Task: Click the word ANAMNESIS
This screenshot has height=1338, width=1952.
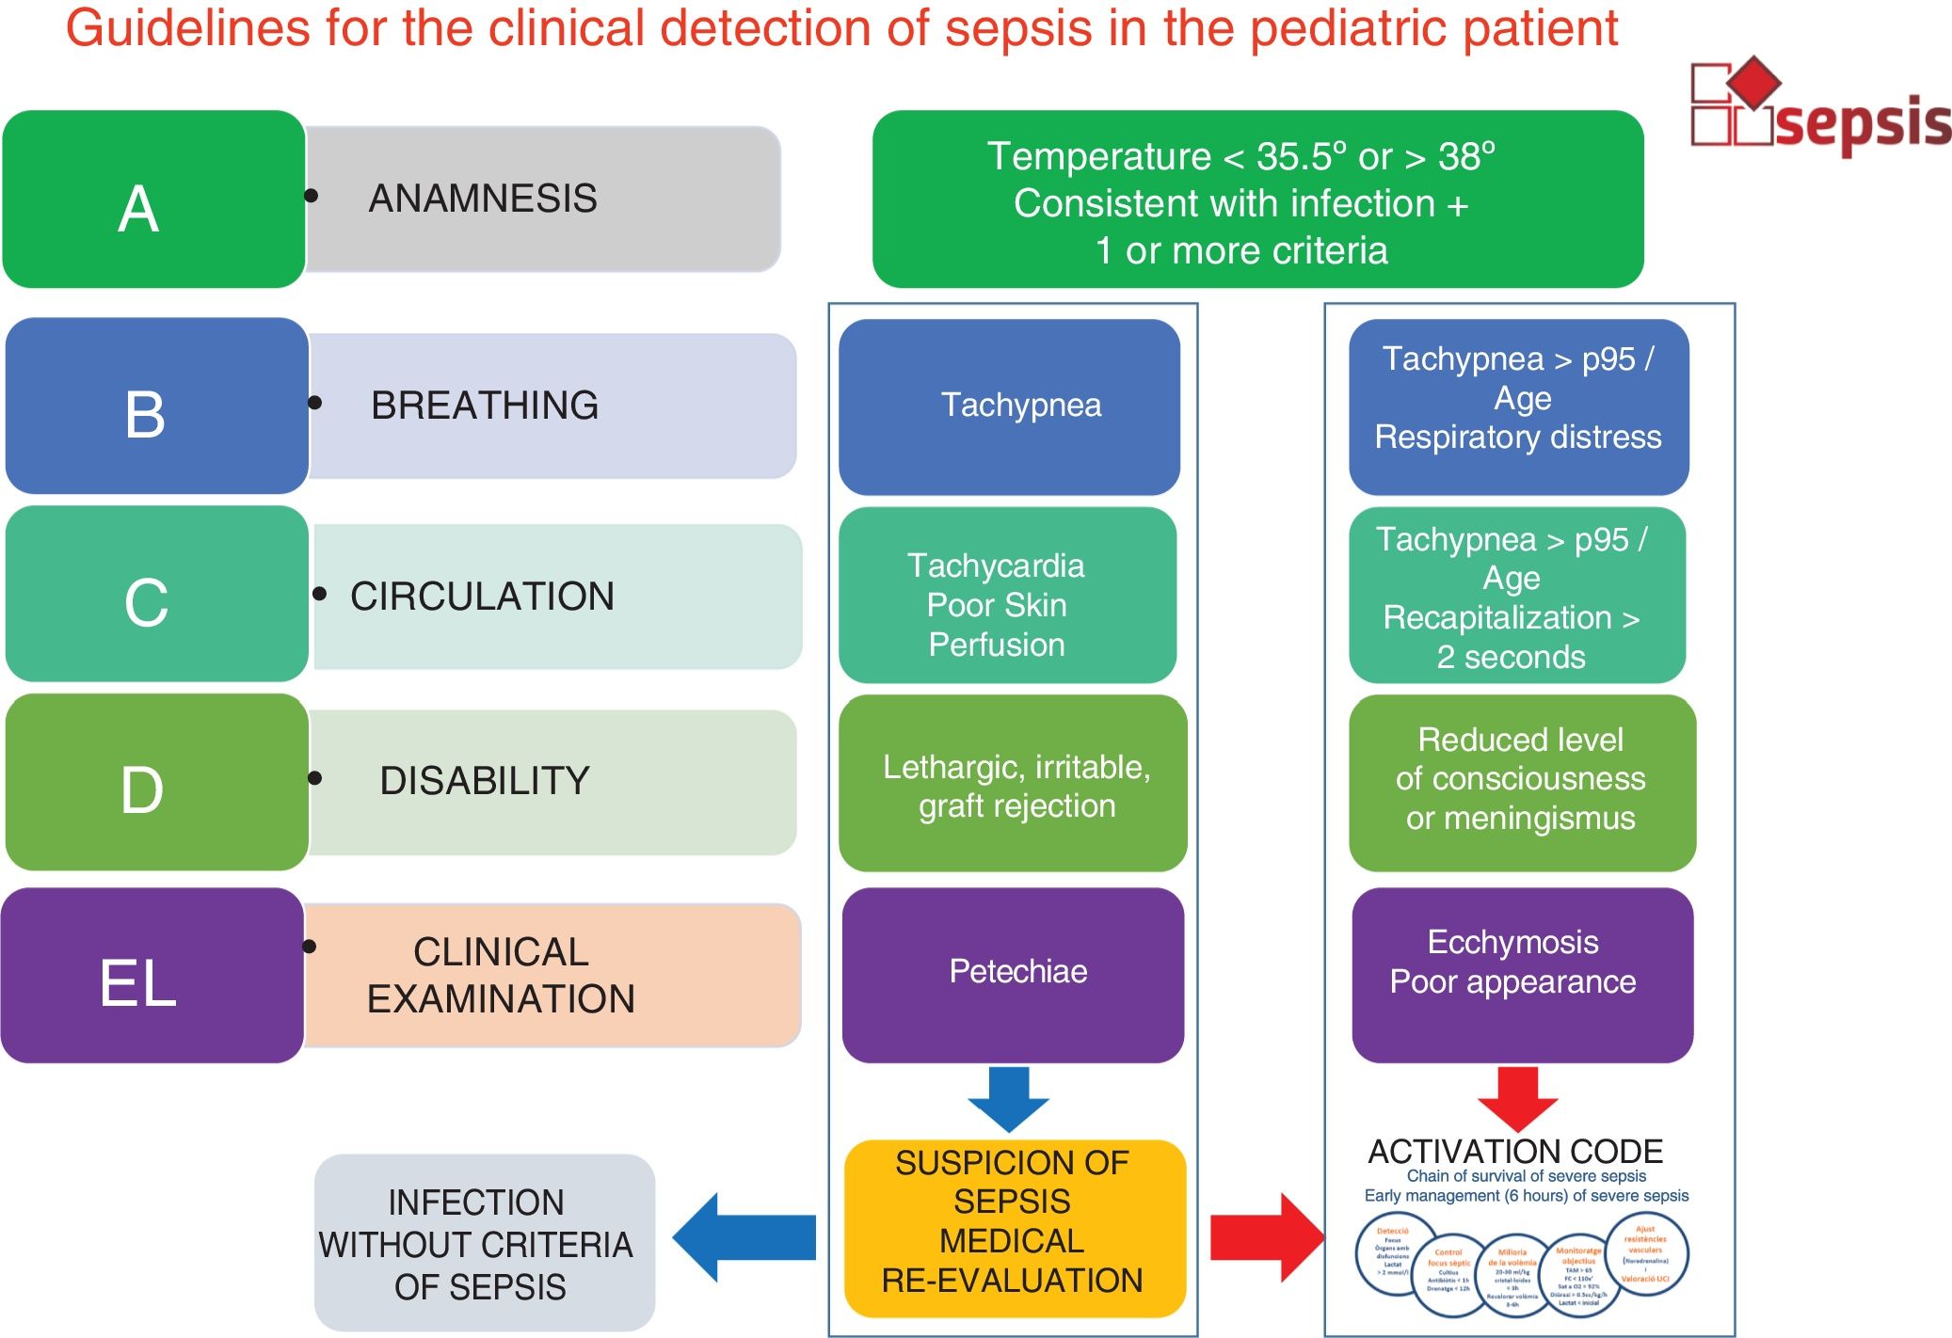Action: pos(483,199)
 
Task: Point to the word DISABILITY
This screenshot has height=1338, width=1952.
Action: pos(485,781)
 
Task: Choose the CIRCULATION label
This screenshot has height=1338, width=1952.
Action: pos(482,597)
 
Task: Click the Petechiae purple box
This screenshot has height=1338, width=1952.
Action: pos(1013,975)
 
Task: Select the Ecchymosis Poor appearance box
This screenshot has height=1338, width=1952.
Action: pos(1522,975)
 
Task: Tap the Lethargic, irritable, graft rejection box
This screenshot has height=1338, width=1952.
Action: pos(1013,784)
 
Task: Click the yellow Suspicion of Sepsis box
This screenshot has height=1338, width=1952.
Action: pos(1015,1227)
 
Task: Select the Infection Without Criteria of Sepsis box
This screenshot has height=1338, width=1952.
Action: pos(484,1242)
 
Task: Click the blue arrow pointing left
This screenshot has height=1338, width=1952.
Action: pos(743,1237)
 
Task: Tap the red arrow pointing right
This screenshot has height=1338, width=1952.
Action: pos(1267,1237)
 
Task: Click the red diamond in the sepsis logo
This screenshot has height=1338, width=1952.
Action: pos(1752,82)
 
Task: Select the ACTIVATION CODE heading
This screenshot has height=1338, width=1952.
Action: pos(1515,1151)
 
